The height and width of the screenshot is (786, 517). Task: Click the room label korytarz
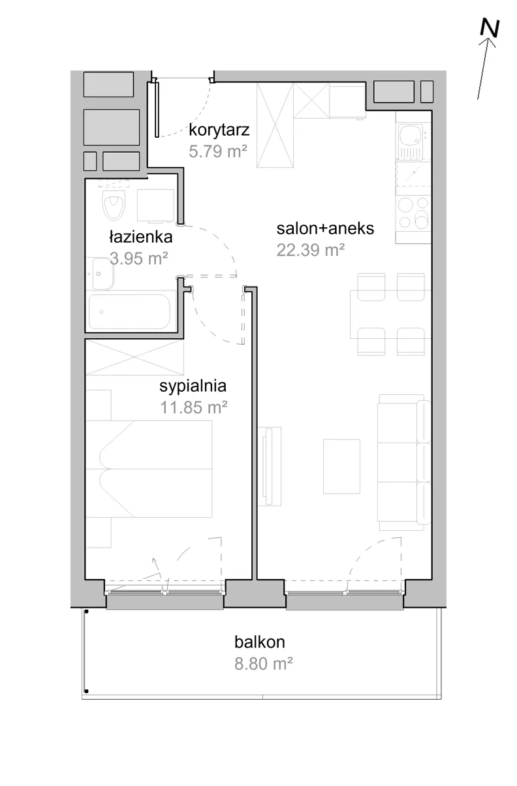(x=219, y=130)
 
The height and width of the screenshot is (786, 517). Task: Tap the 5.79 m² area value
(x=218, y=151)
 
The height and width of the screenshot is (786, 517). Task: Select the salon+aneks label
(x=325, y=228)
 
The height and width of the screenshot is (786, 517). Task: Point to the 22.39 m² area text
(x=310, y=250)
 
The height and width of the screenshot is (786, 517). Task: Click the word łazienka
(x=141, y=237)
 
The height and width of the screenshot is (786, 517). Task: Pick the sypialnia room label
(x=193, y=386)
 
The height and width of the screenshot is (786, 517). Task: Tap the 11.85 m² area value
(x=194, y=407)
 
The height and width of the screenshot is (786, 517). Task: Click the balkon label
(x=259, y=642)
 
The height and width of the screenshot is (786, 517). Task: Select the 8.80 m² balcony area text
(x=264, y=664)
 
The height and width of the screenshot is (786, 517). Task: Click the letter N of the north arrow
(x=490, y=28)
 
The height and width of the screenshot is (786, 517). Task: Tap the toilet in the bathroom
(x=114, y=204)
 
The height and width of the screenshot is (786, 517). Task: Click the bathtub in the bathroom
(x=130, y=311)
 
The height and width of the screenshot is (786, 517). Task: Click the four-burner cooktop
(x=413, y=213)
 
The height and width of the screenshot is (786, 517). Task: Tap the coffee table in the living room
(x=341, y=466)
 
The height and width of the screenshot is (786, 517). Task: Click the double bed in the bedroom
(x=149, y=469)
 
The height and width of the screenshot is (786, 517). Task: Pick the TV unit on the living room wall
(x=269, y=466)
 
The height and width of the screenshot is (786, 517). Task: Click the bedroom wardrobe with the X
(x=134, y=357)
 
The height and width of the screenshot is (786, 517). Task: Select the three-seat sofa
(x=404, y=462)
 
